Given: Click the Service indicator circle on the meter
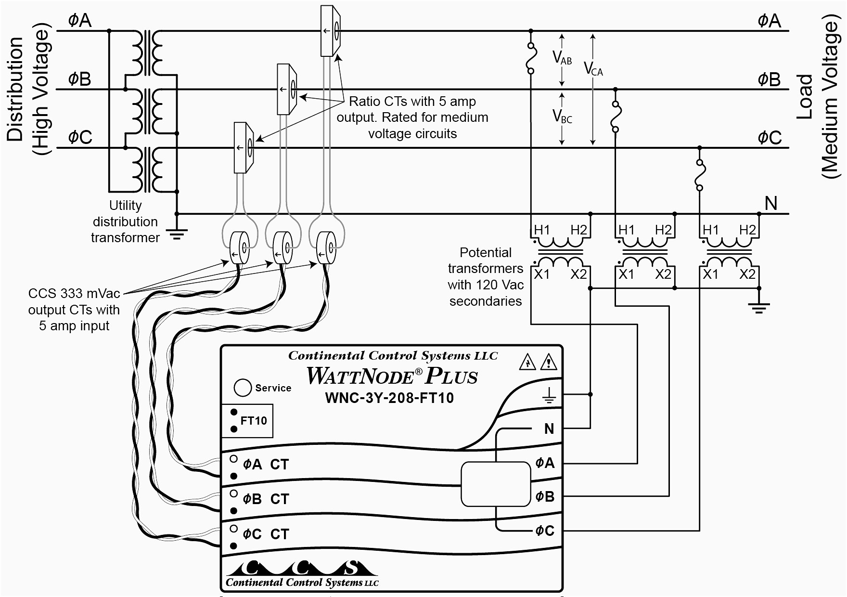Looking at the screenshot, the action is (x=243, y=388).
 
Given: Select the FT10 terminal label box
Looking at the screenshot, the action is (x=247, y=421).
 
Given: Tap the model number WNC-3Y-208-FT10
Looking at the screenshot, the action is (x=389, y=398).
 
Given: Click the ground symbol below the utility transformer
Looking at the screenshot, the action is (x=177, y=234).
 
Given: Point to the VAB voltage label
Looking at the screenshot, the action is (x=562, y=59).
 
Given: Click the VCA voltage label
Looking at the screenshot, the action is (x=593, y=69).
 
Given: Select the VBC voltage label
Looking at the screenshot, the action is (x=562, y=117).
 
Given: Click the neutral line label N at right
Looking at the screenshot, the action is (x=771, y=203).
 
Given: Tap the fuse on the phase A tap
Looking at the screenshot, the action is (x=531, y=58).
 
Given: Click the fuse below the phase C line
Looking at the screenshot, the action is (x=700, y=175).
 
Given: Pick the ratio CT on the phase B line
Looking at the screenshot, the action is (x=286, y=89).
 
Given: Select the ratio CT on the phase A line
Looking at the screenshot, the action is (x=331, y=31).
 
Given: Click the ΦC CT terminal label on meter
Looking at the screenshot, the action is (x=265, y=534).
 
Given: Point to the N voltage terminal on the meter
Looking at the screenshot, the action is (x=549, y=428).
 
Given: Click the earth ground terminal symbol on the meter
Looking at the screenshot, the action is (x=549, y=396).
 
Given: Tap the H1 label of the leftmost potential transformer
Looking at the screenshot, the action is (x=541, y=230).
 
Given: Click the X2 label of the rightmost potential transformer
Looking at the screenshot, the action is (x=747, y=274).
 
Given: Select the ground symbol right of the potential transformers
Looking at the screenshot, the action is (x=759, y=307).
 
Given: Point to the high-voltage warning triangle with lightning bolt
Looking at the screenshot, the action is (x=528, y=363).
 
